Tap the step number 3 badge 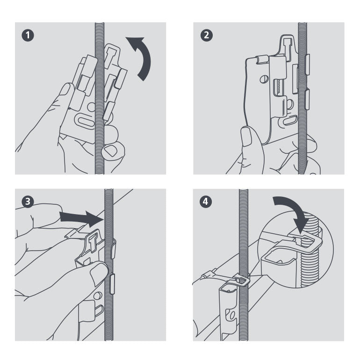click(29, 202)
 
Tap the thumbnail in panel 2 click(247, 136)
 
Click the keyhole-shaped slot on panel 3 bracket click(93, 241)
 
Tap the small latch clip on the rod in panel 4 click(241, 281)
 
